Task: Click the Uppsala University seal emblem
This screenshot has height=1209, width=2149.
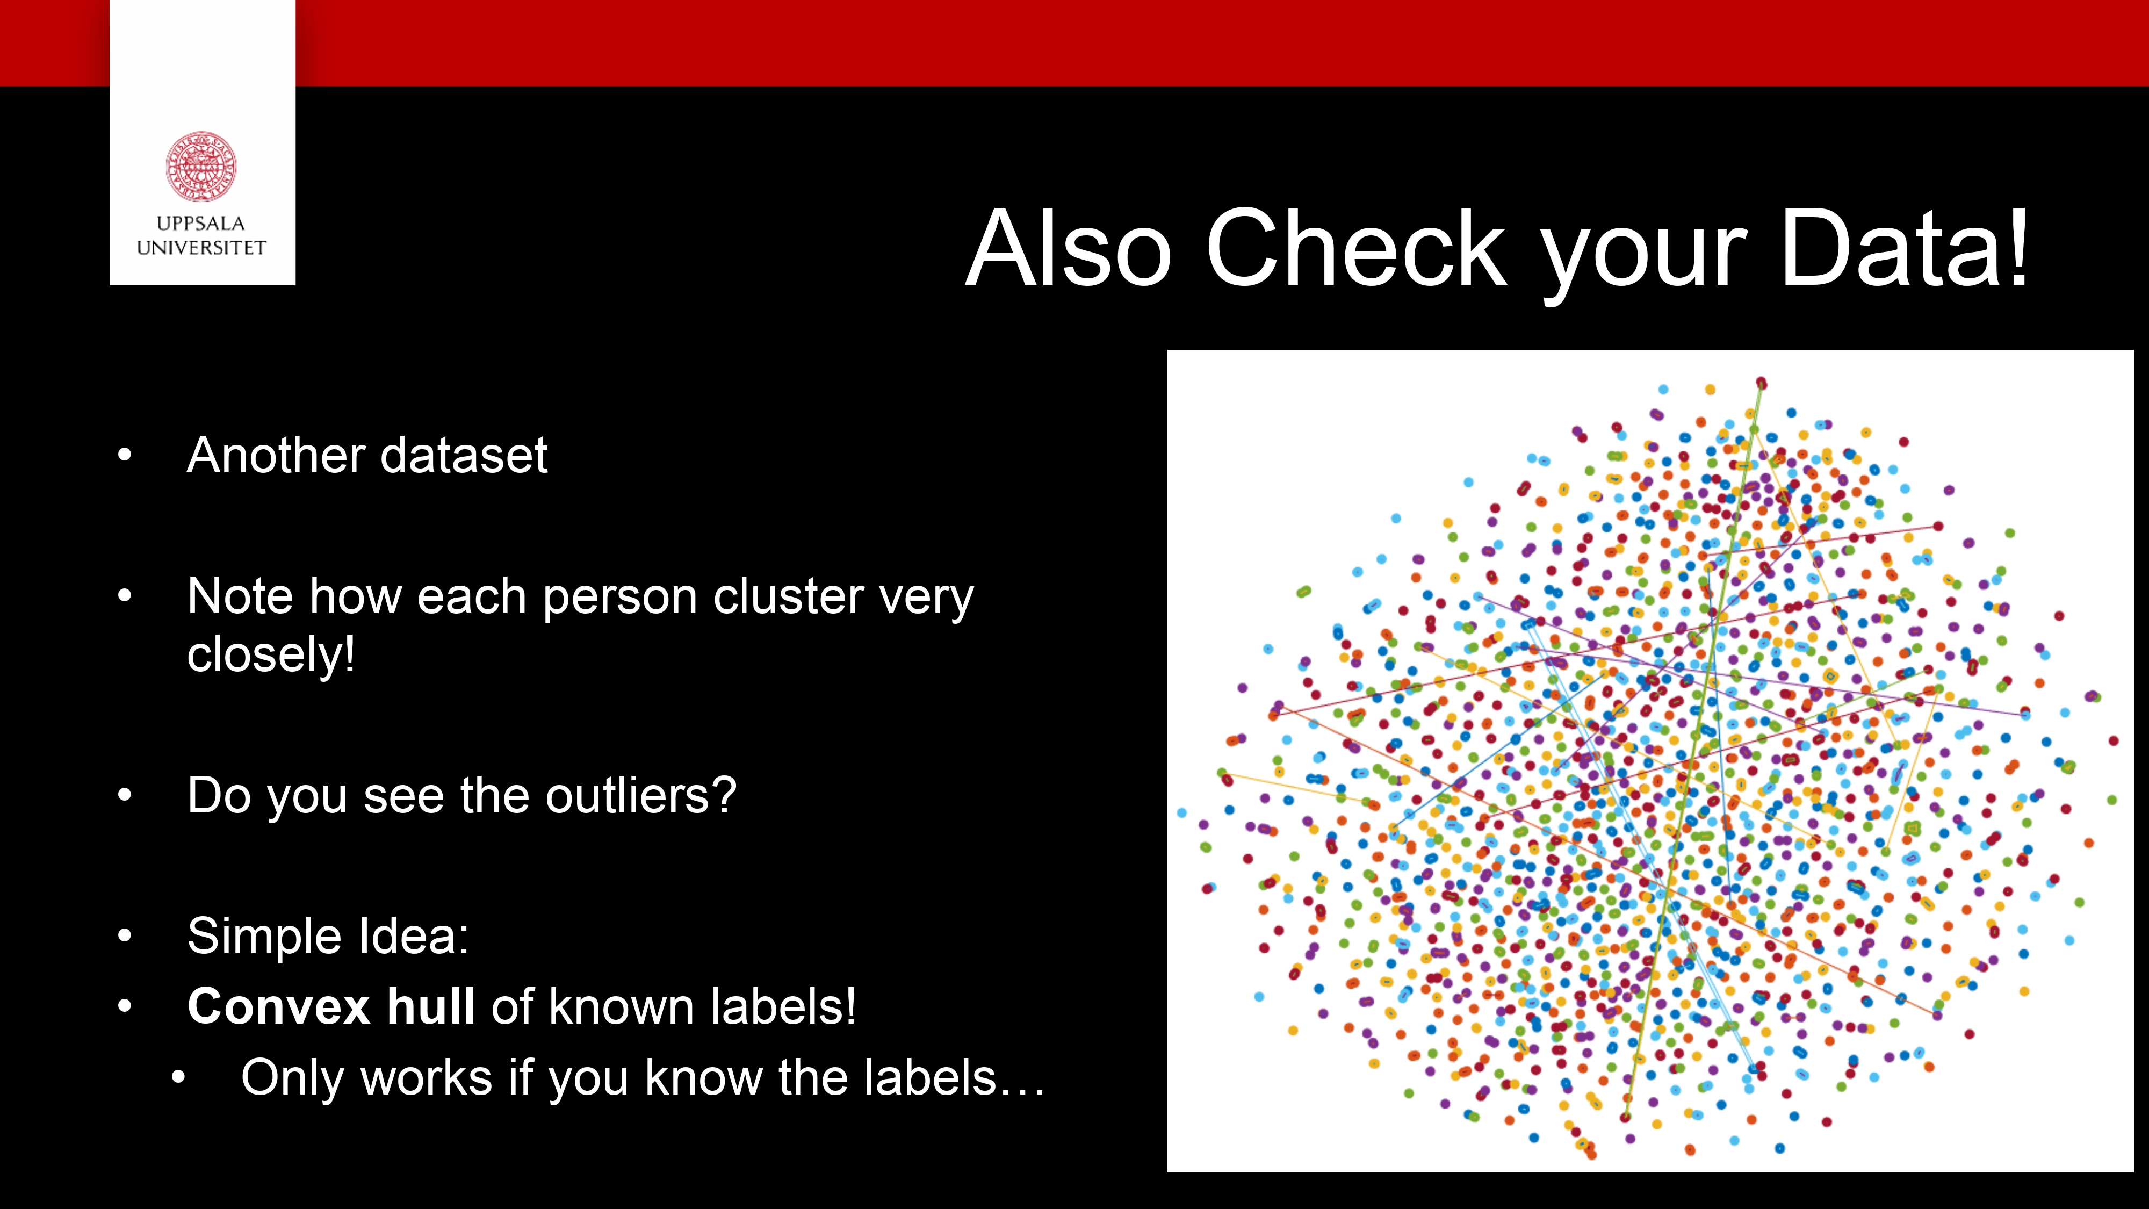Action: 201,166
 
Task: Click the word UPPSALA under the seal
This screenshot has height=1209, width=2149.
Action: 201,224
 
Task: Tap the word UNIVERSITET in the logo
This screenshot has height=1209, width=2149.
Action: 201,248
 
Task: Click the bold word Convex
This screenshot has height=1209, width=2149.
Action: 279,1007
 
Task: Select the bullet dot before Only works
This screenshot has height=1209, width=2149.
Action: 178,1078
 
